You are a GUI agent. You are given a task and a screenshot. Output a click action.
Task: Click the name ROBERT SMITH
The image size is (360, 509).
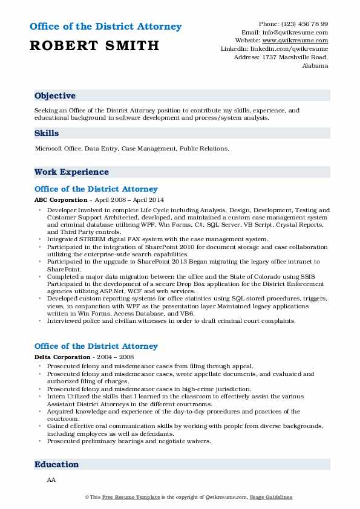coord(94,45)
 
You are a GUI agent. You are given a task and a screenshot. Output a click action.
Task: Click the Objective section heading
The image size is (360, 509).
coord(55,96)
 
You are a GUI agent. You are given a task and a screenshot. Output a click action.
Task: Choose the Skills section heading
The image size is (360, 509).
coord(47,132)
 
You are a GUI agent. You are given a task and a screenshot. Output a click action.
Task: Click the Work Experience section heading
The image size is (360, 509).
coord(71,172)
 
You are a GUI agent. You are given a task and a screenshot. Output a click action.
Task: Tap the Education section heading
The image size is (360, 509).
coord(57,464)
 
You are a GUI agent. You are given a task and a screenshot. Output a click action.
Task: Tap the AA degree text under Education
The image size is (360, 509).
coord(50,479)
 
